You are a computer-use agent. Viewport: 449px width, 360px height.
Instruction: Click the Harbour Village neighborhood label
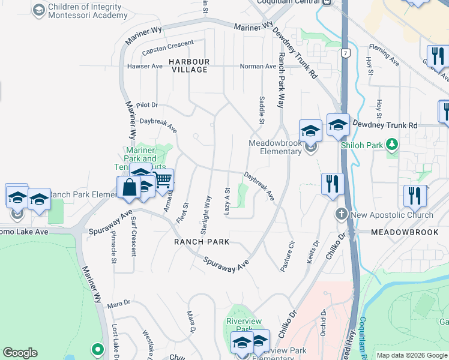coord(188,65)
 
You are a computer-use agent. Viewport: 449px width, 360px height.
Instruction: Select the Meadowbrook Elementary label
coord(276,147)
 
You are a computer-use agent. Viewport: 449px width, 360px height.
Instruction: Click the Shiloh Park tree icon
coord(392,144)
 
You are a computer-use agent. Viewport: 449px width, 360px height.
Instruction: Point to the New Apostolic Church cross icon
coord(342,214)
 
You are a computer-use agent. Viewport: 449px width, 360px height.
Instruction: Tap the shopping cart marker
coord(162,179)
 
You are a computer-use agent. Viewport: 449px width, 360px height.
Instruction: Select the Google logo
coord(20,353)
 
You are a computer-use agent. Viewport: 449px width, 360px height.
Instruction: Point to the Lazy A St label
coord(228,202)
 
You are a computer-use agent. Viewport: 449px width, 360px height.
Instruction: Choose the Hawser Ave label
coord(145,67)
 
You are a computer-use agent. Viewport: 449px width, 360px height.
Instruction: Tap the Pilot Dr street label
coord(146,104)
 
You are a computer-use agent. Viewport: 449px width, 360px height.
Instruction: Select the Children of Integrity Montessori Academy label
coord(79,11)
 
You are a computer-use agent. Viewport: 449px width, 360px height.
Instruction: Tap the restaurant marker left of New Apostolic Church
coord(332,184)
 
